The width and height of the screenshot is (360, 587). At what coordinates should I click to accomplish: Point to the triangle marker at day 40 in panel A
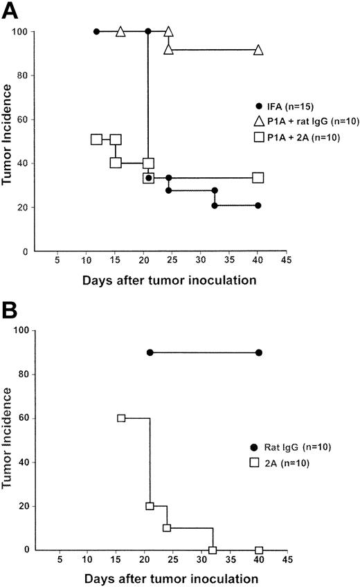pos(258,50)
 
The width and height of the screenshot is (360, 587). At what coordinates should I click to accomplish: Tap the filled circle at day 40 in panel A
pos(258,206)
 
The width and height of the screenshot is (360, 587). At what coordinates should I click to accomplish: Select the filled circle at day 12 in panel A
pos(96,31)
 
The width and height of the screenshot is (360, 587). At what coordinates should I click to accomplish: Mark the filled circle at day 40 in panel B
pos(259,352)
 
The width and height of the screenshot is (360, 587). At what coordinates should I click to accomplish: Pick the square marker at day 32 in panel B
pos(213,550)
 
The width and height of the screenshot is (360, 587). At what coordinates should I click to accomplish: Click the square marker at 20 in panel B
pos(150,506)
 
